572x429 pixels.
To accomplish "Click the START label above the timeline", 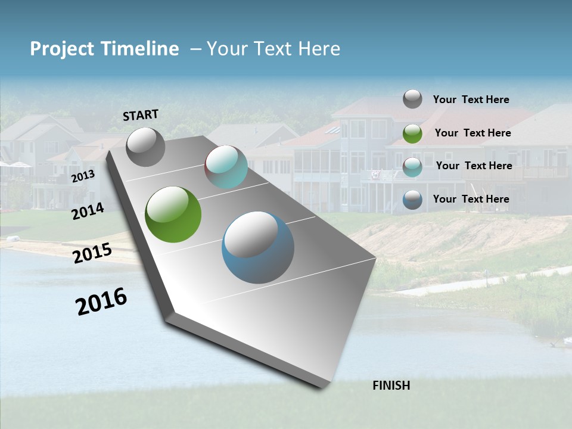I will coord(141,115).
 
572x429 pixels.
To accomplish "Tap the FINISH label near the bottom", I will coord(391,386).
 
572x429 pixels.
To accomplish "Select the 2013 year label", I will coord(83,176).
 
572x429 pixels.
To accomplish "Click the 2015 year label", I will coord(92,253).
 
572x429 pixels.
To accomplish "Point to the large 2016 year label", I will coord(102,301).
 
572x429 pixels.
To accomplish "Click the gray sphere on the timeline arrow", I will coord(145,147).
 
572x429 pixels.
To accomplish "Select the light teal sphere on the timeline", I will coord(226,167).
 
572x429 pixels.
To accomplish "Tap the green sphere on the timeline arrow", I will coord(173,214).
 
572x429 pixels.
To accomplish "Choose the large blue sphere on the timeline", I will coord(258,247).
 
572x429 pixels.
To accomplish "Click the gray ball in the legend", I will coord(412,99).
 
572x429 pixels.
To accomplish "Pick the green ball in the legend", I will coord(412,133).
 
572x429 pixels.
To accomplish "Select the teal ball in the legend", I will coord(412,167).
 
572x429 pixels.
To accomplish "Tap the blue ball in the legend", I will coord(412,200).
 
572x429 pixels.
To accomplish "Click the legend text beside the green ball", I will coord(472,133).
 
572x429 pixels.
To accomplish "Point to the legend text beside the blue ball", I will coord(471,199).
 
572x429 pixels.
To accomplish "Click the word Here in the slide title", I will coord(319,49).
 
